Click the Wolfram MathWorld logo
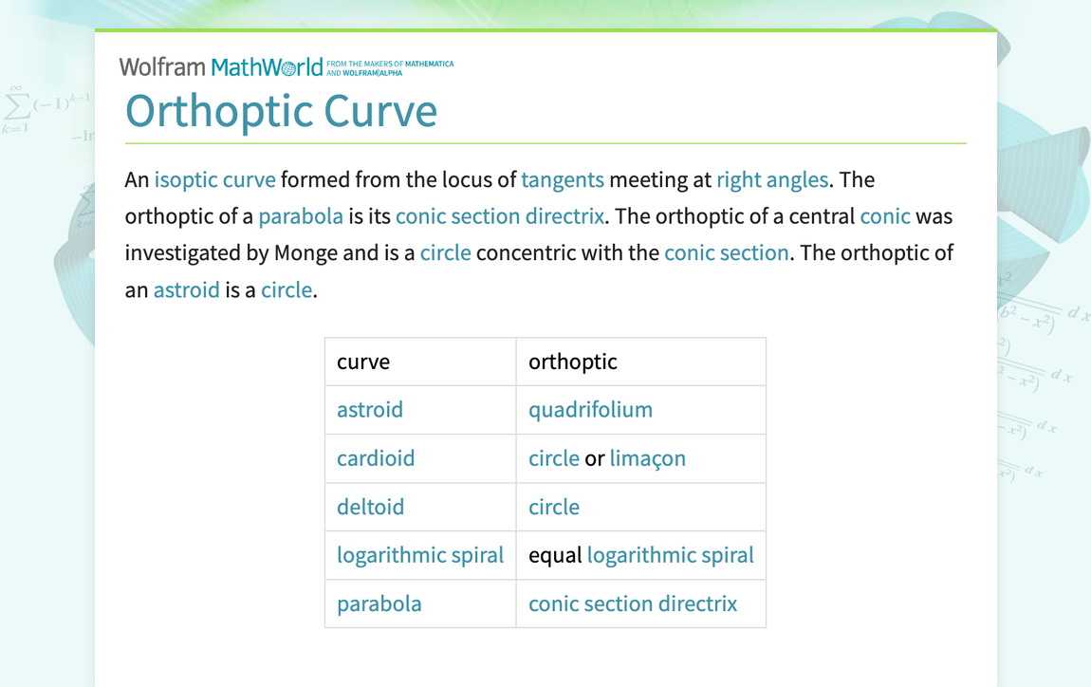(221, 66)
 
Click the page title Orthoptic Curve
(281, 111)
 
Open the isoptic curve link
(214, 180)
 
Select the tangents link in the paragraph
(562, 180)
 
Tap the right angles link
(771, 180)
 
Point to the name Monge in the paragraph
(305, 253)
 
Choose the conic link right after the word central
(884, 216)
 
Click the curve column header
(363, 362)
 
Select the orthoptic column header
(572, 362)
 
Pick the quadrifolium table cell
(590, 410)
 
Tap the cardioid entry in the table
(376, 458)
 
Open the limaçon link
(647, 458)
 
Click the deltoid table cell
(370, 507)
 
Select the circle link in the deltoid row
(553, 507)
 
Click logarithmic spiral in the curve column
(419, 555)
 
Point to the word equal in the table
(554, 555)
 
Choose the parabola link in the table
(379, 603)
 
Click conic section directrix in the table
(632, 603)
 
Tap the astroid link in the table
(369, 410)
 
